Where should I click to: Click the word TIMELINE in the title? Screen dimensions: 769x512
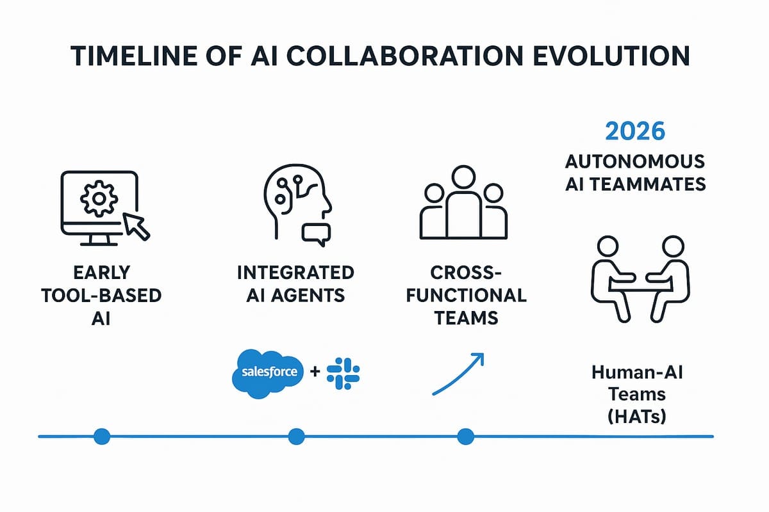(x=134, y=56)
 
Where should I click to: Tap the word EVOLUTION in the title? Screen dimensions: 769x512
(x=611, y=56)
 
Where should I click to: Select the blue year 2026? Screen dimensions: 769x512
(x=635, y=131)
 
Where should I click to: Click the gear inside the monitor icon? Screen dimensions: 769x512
(x=99, y=198)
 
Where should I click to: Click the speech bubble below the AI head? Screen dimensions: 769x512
(x=316, y=234)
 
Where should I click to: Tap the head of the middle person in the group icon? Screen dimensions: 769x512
(x=463, y=177)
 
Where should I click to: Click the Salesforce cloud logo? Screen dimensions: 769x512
(x=269, y=374)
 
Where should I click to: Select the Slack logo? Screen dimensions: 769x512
(x=343, y=374)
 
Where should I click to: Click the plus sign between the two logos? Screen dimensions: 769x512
(x=315, y=371)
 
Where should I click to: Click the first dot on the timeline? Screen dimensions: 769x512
(x=102, y=436)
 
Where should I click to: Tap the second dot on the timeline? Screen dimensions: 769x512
(x=297, y=436)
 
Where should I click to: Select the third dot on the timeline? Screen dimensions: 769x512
(x=466, y=436)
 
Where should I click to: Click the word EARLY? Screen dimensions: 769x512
(x=102, y=273)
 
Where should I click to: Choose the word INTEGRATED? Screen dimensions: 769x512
(x=295, y=273)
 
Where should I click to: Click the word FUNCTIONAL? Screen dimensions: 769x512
(x=467, y=296)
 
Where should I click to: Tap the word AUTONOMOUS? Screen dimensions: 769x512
(x=635, y=161)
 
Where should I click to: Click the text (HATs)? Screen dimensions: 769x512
(x=637, y=417)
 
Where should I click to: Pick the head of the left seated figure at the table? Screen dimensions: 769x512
(x=608, y=246)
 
